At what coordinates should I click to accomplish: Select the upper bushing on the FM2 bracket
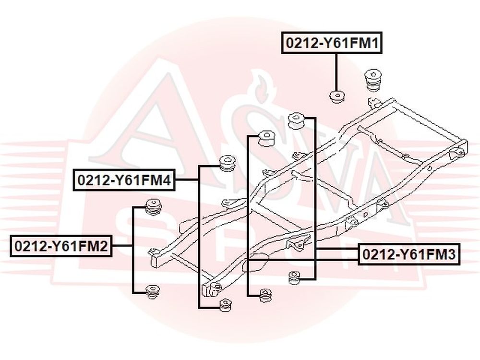tap(153, 206)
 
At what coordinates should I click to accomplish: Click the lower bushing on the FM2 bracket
tap(153, 292)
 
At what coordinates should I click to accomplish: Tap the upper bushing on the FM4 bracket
tap(227, 163)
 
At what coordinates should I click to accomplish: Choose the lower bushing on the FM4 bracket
tap(225, 304)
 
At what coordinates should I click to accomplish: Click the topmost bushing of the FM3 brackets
tap(297, 120)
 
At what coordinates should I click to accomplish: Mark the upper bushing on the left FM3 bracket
tap(265, 138)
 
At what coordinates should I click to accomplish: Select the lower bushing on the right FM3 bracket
tap(295, 278)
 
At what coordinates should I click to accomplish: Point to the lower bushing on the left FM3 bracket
tap(265, 295)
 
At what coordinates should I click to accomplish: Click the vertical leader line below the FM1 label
tap(336, 72)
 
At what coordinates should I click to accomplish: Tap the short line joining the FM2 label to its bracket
tap(122, 246)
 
